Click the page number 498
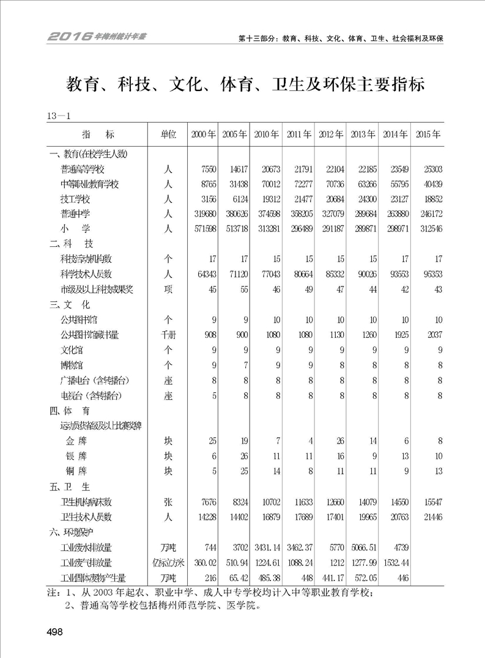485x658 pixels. tap(54, 632)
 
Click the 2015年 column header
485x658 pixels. tap(428, 134)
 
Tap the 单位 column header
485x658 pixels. tap(168, 134)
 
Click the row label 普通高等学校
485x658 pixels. tap(91, 169)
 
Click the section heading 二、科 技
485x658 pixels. tap(70, 244)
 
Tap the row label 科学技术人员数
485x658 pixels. tap(95, 274)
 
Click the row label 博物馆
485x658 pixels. tap(75, 365)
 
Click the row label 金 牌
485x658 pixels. tap(76, 440)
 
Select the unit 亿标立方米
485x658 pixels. tap(168, 563)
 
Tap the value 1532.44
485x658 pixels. tap(395, 563)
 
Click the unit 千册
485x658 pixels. tap(168, 334)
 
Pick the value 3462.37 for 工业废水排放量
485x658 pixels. tap(299, 547)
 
